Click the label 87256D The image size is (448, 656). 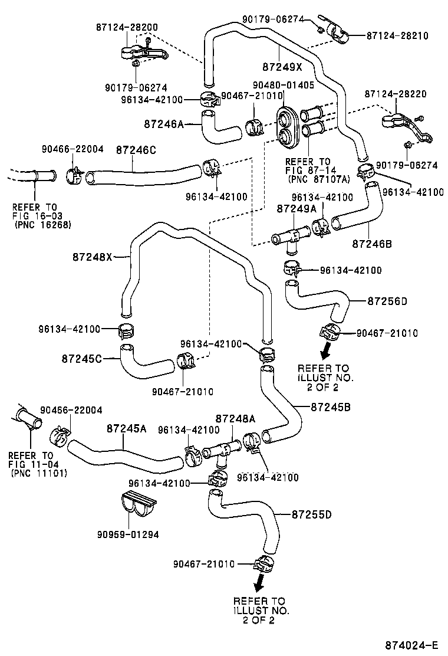click(387, 301)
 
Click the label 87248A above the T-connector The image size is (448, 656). click(236, 419)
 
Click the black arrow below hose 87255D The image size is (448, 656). click(258, 585)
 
